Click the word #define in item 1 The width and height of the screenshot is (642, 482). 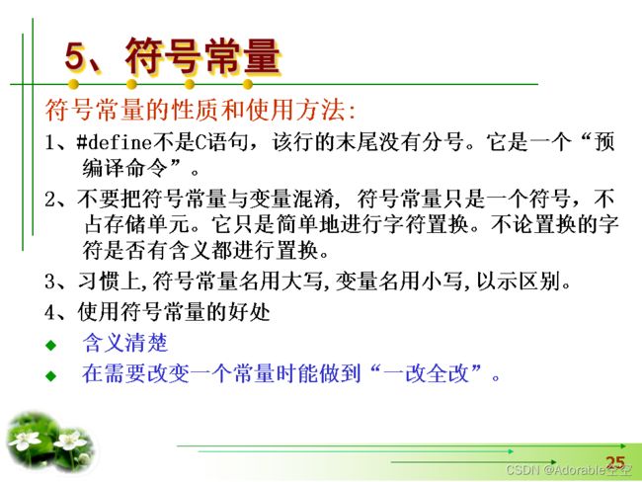115,142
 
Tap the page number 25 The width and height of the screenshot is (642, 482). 615,463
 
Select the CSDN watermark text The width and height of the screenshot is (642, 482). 569,470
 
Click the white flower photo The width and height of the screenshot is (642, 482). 50,442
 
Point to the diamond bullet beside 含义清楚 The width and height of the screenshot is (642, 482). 51,345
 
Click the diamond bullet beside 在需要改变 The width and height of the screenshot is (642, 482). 51,375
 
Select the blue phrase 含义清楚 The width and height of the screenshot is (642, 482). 125,343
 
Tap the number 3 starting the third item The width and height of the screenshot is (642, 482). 49,281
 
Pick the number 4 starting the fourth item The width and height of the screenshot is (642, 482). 49,312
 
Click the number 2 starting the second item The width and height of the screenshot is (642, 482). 49,200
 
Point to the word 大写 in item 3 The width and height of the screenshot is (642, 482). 302,281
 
